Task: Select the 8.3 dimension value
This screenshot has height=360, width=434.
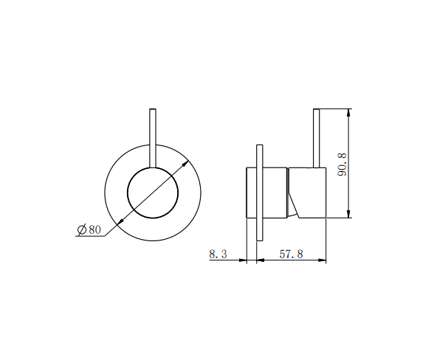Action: point(218,254)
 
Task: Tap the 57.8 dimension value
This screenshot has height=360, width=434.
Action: point(290,254)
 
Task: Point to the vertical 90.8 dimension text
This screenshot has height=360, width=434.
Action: point(341,164)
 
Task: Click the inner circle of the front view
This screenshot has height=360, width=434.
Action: point(153,193)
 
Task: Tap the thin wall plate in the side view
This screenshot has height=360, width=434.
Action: point(258,192)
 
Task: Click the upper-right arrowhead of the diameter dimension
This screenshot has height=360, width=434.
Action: point(185,162)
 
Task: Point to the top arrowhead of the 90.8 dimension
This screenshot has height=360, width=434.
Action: point(349,113)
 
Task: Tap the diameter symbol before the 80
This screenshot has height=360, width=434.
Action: point(81,229)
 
